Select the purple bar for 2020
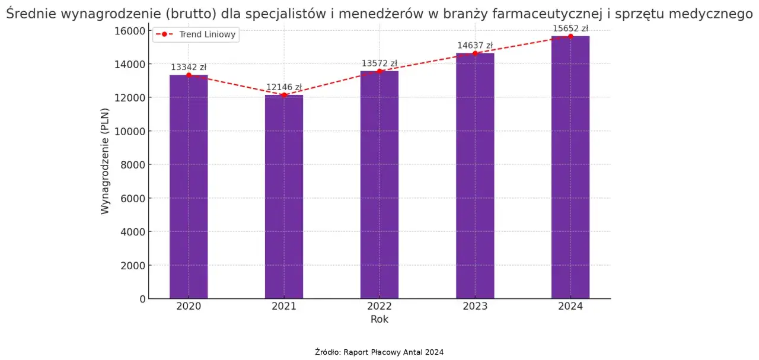pyautogui.click(x=189, y=187)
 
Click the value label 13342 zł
pyautogui.click(x=189, y=67)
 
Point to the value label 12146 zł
pyautogui.click(x=284, y=87)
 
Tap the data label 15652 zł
pyautogui.click(x=570, y=28)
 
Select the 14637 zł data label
pyautogui.click(x=475, y=45)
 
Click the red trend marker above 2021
pyautogui.click(x=284, y=95)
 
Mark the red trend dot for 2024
pyautogui.click(x=570, y=36)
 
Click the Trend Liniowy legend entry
pyautogui.click(x=211, y=34)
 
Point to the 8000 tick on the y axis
pyautogui.click(x=133, y=165)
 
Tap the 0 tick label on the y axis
pyautogui.click(x=142, y=299)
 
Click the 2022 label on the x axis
pyautogui.click(x=379, y=306)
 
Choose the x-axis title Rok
pyautogui.click(x=379, y=319)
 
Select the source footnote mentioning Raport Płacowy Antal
pyautogui.click(x=379, y=352)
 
